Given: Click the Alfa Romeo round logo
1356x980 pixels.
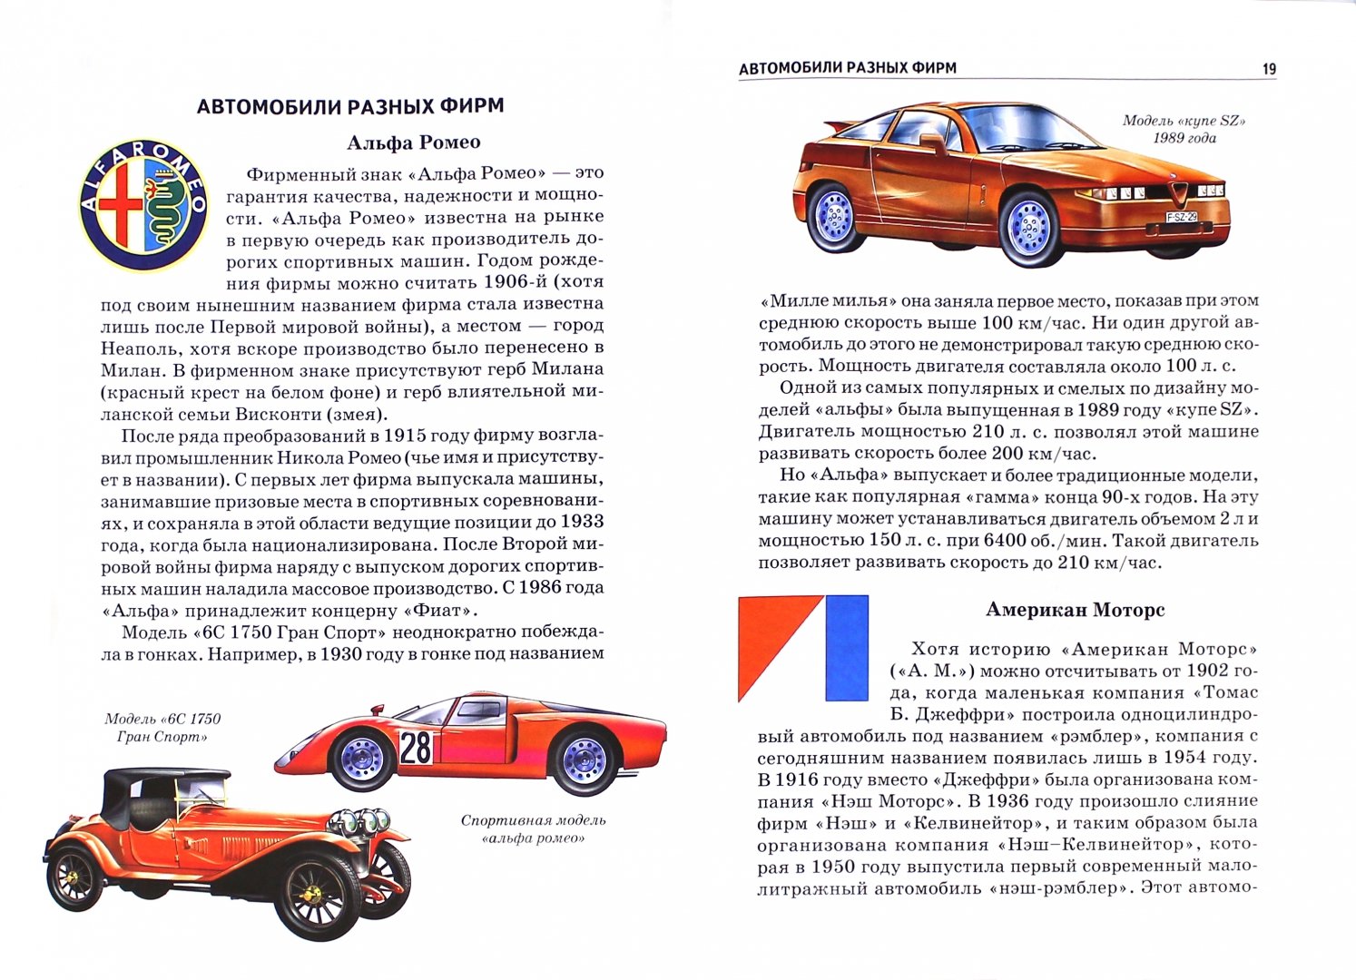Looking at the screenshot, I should (x=144, y=207).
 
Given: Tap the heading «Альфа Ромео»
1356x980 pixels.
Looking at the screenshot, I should (x=414, y=142).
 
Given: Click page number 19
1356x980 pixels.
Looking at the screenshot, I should (x=1269, y=69).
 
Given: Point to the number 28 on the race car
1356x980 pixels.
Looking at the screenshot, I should (x=416, y=747).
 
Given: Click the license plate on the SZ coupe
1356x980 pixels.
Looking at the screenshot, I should (x=1181, y=217).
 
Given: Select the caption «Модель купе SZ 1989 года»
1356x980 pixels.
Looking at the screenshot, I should (x=1184, y=129).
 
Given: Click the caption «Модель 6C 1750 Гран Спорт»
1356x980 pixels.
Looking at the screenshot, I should (x=162, y=728).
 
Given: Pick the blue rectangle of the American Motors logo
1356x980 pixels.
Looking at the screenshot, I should (x=846, y=648).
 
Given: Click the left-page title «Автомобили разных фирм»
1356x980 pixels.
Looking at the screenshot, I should (x=350, y=106).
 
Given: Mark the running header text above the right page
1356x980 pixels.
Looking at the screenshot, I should (x=847, y=68).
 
